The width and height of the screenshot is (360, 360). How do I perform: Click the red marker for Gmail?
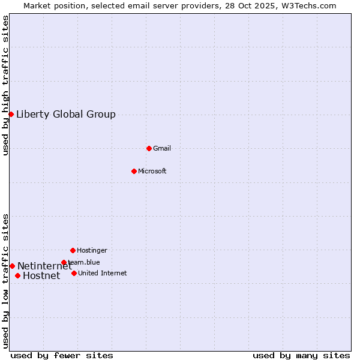coord(149,148)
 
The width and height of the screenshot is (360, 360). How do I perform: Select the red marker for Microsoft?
coord(134,171)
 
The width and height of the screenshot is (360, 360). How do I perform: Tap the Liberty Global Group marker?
coord(11,114)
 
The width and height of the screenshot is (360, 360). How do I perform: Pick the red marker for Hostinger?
coord(73,250)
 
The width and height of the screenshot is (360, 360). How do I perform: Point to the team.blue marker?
coord(64,262)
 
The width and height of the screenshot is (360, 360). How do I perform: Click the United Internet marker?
coord(74,273)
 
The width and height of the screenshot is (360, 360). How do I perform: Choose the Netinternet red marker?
coord(12,266)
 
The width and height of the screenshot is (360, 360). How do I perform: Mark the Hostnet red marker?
coord(17,275)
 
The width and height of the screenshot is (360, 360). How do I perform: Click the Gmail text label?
coord(162,148)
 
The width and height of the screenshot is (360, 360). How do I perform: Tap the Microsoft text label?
coord(152,171)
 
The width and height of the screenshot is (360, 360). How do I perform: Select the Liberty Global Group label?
coord(66,114)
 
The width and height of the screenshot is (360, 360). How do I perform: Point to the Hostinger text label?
coord(92,250)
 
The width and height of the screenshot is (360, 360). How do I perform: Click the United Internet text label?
coord(103,273)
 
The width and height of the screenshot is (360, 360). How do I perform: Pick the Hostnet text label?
coord(41,276)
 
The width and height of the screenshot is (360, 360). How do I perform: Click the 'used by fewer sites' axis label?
coord(62,355)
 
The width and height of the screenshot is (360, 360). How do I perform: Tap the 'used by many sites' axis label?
coord(301,355)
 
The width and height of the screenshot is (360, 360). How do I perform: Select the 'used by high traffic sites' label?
coord(5,85)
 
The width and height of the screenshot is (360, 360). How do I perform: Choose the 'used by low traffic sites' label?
coord(5,281)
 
